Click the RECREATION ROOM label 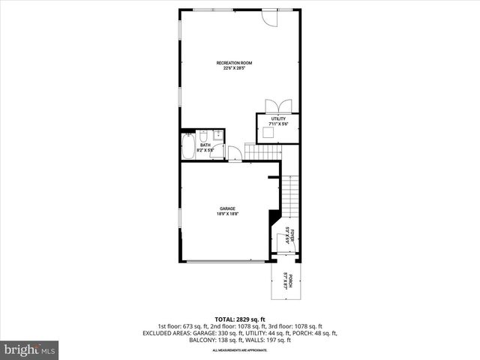click(x=233, y=61)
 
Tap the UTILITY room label click(x=278, y=118)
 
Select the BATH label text click(x=205, y=145)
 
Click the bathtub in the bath click(x=188, y=145)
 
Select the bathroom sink click(x=215, y=135)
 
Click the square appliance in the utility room click(x=268, y=133)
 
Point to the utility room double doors click(x=277, y=106)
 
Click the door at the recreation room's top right click(x=270, y=17)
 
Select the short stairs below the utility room click(x=263, y=152)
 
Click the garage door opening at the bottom click(x=225, y=261)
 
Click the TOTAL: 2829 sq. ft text click(x=239, y=319)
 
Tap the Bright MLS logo click(x=29, y=349)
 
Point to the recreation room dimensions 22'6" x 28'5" click(x=235, y=68)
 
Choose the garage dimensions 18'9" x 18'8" click(x=227, y=214)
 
